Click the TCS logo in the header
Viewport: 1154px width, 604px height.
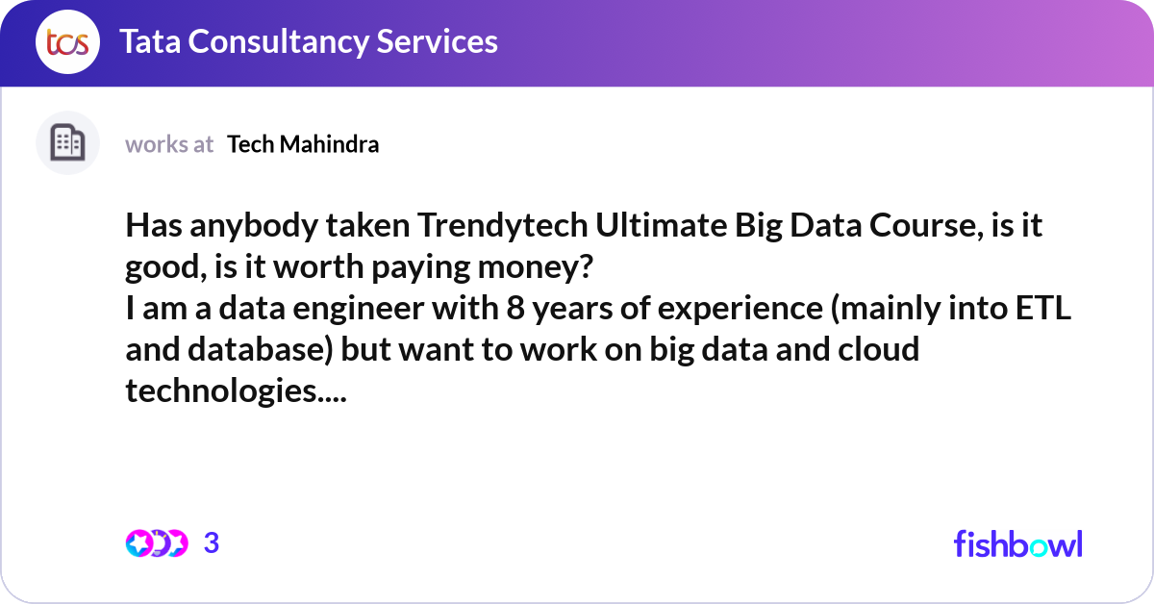[67, 41]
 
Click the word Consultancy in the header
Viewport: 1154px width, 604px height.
[278, 42]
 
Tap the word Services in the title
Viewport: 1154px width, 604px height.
[437, 41]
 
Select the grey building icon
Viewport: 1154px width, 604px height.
[67, 142]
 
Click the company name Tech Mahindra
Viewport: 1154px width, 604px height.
[303, 144]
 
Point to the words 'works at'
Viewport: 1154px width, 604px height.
[169, 144]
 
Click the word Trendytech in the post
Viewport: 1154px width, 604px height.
[502, 225]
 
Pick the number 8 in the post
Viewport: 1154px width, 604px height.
[515, 308]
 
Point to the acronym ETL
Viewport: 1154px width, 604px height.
[1043, 308]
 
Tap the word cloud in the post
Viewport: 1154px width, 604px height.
[878, 349]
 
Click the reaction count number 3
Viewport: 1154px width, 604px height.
[212, 542]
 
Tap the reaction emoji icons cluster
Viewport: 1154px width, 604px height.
[157, 543]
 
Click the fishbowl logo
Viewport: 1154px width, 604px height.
[1018, 543]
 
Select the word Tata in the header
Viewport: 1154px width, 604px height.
[150, 41]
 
